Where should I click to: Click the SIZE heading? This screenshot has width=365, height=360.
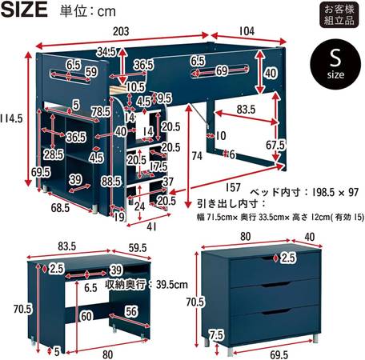(x=24, y=10)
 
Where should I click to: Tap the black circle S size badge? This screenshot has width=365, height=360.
(x=335, y=64)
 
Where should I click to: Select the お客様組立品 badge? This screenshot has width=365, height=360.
(x=339, y=14)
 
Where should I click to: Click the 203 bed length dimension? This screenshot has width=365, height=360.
(x=121, y=31)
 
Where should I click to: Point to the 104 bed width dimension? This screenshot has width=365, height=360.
(x=247, y=31)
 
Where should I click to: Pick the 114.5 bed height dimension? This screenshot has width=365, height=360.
(x=11, y=118)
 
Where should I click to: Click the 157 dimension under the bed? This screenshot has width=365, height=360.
(x=233, y=187)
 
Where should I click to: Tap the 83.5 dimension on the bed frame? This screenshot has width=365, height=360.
(x=246, y=110)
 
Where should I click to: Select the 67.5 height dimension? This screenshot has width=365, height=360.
(x=275, y=146)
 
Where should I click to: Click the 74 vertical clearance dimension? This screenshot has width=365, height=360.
(x=197, y=156)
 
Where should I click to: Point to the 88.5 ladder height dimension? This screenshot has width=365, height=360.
(x=111, y=182)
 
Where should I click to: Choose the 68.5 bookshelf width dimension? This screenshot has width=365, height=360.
(x=60, y=208)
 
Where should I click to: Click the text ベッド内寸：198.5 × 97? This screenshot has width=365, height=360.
(x=305, y=192)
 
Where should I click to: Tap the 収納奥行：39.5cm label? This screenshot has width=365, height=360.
(x=146, y=285)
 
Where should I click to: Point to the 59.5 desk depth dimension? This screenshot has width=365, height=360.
(x=138, y=248)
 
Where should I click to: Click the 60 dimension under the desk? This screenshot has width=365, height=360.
(x=86, y=317)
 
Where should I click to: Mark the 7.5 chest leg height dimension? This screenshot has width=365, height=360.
(x=216, y=335)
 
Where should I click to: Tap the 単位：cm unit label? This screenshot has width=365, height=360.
(x=87, y=11)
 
